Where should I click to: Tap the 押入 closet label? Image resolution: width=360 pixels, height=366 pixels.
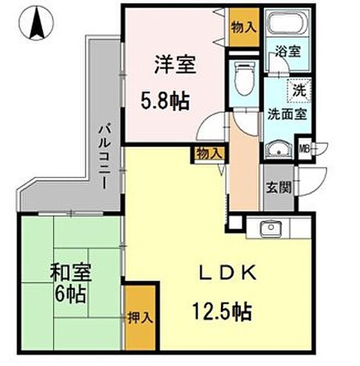coord(140,318)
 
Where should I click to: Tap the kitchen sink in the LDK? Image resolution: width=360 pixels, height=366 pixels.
coord(269,229)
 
